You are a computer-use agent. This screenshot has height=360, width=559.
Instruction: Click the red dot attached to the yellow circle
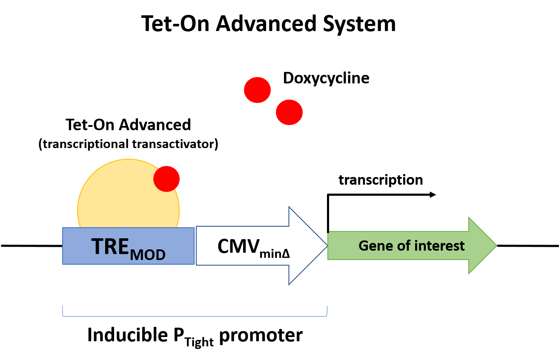click(x=166, y=179)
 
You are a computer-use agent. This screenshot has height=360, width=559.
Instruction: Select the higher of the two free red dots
click(x=257, y=90)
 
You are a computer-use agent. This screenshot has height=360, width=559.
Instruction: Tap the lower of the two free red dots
click(x=289, y=112)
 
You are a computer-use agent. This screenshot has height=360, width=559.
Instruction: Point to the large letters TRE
click(x=110, y=246)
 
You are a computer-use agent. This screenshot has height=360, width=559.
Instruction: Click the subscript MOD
click(x=147, y=255)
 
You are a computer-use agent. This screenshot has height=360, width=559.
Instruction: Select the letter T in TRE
click(x=97, y=246)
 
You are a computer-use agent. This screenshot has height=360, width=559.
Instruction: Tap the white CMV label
click(x=252, y=246)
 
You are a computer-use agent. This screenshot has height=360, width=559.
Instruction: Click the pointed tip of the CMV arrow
click(x=327, y=246)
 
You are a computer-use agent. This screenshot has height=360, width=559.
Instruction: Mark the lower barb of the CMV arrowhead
click(x=289, y=284)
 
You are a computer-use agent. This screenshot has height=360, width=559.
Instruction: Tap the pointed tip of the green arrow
click(x=496, y=245)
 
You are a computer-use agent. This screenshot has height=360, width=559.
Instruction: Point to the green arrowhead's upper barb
click(x=469, y=218)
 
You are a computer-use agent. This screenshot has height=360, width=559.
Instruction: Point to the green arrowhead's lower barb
click(x=469, y=273)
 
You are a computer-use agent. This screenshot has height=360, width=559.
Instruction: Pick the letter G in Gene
click(x=363, y=246)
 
